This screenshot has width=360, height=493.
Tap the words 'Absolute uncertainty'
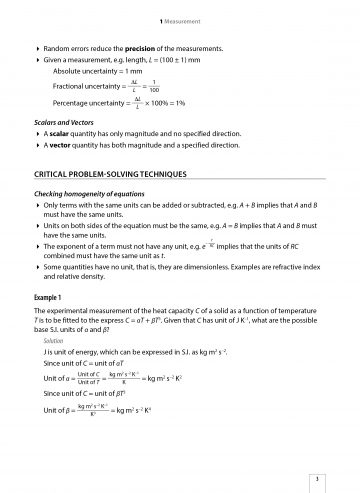[x=87, y=72]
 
